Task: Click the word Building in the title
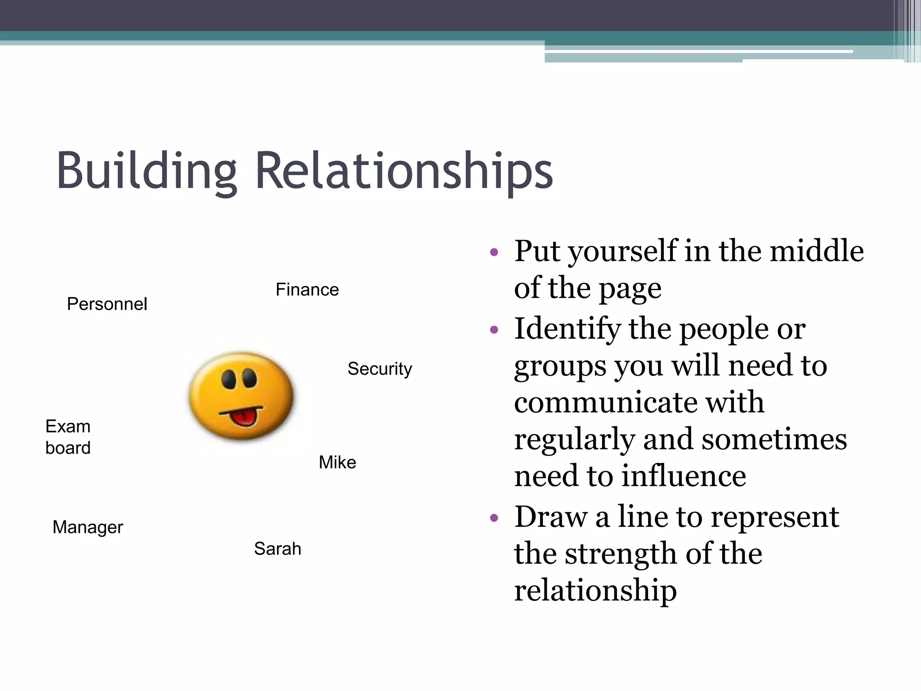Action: click(x=146, y=171)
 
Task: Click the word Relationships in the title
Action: click(x=404, y=171)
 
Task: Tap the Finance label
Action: click(x=307, y=290)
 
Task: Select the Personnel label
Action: click(x=107, y=304)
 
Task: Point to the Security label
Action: click(x=380, y=369)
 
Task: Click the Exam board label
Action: click(x=68, y=437)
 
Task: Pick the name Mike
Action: click(x=337, y=462)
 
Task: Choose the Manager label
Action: click(x=88, y=527)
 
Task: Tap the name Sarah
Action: click(x=277, y=549)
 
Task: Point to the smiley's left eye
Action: click(x=229, y=379)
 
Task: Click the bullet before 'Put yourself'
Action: click(x=494, y=252)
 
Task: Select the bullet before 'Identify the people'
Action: click(x=494, y=330)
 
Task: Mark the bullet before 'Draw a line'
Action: click(x=494, y=518)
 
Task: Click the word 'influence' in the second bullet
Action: click(x=684, y=476)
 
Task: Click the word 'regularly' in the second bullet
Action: click(x=574, y=440)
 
